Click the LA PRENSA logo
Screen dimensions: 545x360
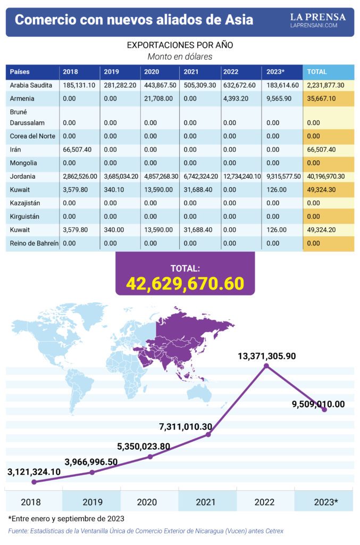[x=317, y=20]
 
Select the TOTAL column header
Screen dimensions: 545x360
[x=317, y=72]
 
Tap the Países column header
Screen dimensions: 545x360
[x=20, y=72]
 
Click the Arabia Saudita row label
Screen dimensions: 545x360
[x=31, y=85]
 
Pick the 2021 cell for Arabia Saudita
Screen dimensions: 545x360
[x=199, y=85]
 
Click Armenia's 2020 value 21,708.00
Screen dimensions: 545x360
[x=157, y=98]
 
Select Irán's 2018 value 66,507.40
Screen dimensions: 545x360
[x=79, y=150]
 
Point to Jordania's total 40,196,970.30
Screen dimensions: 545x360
[x=326, y=176]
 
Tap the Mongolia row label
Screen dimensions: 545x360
[x=24, y=163]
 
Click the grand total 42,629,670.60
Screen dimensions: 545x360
[x=185, y=284]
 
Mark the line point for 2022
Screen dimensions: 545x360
[x=266, y=366]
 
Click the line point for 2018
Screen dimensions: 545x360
[x=35, y=482]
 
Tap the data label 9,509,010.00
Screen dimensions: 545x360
[x=318, y=404]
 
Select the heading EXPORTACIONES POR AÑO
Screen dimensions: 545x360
[x=180, y=45]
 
